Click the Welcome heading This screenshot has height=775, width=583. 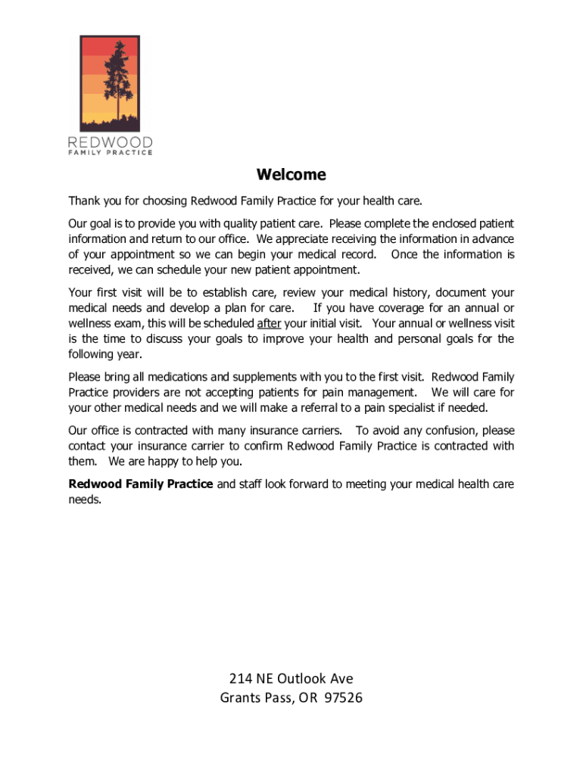click(291, 176)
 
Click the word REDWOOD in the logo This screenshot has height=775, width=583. click(111, 142)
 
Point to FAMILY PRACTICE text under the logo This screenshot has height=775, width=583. click(111, 153)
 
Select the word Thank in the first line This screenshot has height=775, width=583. click(83, 201)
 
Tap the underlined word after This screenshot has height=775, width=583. click(269, 324)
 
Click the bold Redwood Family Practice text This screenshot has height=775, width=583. click(141, 484)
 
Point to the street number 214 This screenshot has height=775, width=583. click(240, 679)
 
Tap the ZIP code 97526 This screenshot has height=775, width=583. click(342, 698)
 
